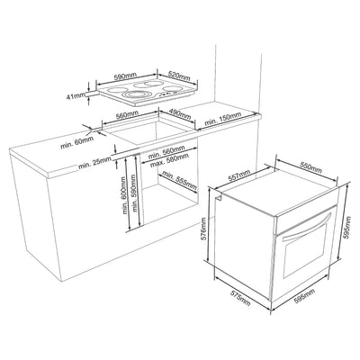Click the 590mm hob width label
tap(124, 76)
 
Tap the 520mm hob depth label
tap(179, 76)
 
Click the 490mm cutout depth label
tap(180, 112)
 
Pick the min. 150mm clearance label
tap(223, 119)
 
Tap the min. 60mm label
tap(77, 142)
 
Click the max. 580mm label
tap(169, 160)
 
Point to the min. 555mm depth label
tap(179, 181)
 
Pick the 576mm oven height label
tap(204, 229)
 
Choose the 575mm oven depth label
tap(240, 297)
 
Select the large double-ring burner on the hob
tap(135, 95)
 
